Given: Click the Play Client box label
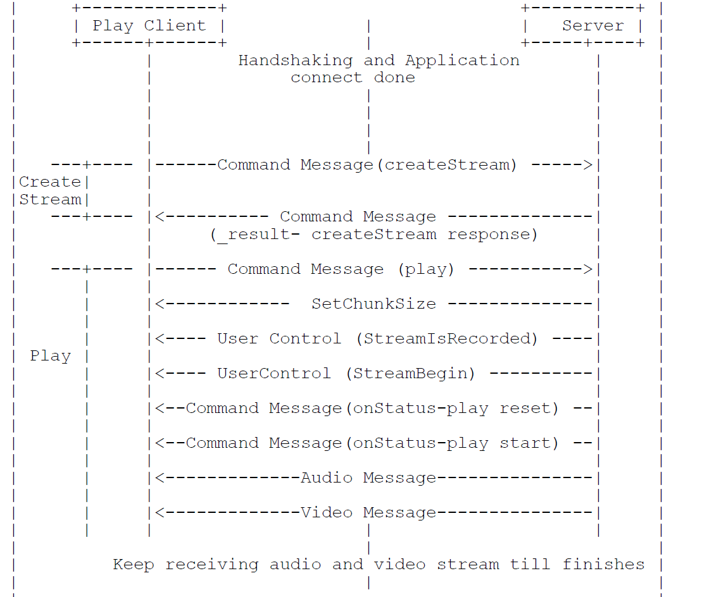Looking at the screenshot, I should click(x=149, y=26).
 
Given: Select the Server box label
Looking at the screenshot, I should click(x=592, y=26).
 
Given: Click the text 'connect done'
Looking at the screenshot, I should click(x=353, y=78).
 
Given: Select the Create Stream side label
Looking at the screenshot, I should click(x=50, y=191).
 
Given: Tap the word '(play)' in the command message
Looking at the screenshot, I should click(x=426, y=269).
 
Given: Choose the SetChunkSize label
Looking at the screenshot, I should click(x=373, y=304).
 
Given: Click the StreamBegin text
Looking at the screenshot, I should click(x=410, y=374).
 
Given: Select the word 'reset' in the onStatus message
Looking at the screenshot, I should click(x=529, y=409).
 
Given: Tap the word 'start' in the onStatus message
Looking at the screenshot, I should click(x=529, y=443).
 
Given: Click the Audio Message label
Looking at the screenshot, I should click(x=368, y=478).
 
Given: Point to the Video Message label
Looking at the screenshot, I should click(x=368, y=513).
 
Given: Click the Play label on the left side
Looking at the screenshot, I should click(x=50, y=356).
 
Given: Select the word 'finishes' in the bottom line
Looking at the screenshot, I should click(x=603, y=565).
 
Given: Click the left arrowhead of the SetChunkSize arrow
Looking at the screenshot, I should click(x=160, y=304).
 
